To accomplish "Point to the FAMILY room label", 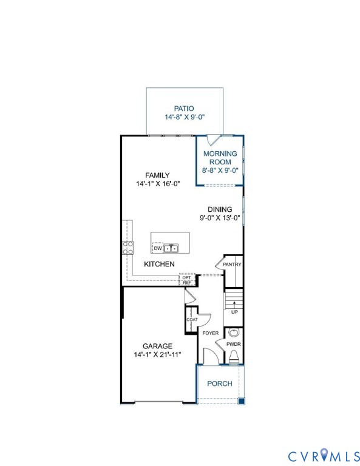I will click(157, 175).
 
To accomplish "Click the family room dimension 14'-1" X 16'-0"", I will click(157, 183).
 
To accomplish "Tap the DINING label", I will click(219, 209).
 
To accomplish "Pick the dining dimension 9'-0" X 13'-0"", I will click(219, 218).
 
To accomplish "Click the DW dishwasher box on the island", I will click(157, 248).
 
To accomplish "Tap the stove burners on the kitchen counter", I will click(128, 247).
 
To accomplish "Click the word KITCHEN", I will click(159, 264).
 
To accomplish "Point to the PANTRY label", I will click(232, 265).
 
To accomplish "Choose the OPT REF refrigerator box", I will click(187, 280).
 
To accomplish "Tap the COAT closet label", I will click(192, 319).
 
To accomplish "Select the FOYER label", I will click(210, 333).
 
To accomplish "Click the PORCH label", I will click(220, 383).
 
